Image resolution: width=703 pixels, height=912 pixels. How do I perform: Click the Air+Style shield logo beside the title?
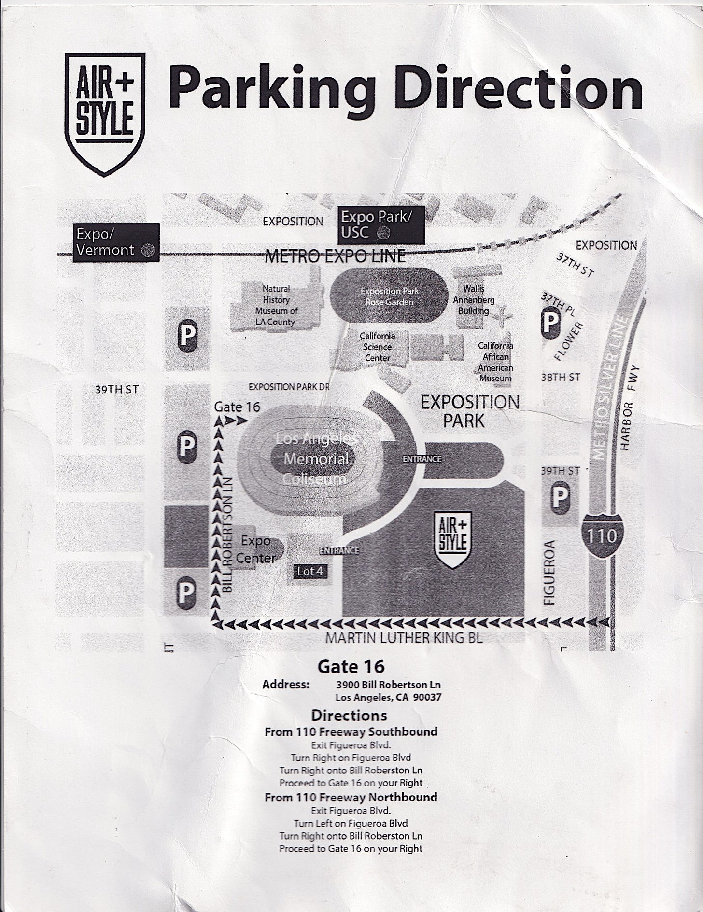click(x=105, y=113)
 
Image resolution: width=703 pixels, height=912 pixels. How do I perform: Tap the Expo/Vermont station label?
click(x=115, y=242)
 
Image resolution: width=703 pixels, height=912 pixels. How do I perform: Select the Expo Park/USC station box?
click(x=380, y=224)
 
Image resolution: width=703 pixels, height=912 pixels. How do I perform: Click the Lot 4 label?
click(x=310, y=571)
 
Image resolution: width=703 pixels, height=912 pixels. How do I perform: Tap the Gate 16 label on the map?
click(x=237, y=407)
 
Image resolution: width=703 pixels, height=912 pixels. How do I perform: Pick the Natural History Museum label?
click(x=276, y=305)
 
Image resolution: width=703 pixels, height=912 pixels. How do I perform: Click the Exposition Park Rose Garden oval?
click(x=389, y=296)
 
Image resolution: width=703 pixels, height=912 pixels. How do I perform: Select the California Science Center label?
click(x=377, y=347)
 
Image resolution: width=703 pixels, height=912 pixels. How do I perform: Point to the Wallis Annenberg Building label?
click(x=474, y=300)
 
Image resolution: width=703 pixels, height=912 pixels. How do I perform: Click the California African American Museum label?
click(x=495, y=362)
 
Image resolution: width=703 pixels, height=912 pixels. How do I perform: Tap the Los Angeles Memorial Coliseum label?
click(x=316, y=459)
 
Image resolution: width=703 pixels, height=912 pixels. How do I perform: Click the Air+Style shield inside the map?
click(x=452, y=539)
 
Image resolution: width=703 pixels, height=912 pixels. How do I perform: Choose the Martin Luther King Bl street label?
click(x=404, y=638)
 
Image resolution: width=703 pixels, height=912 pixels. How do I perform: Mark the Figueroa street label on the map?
click(x=550, y=573)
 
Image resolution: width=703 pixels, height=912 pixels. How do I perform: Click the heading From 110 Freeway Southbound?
click(x=351, y=731)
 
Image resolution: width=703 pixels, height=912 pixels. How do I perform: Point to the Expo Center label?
click(x=256, y=549)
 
